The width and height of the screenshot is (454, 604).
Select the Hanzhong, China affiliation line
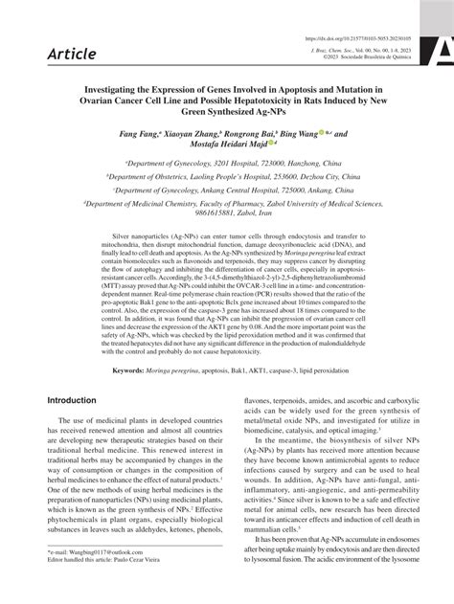coord(226,164)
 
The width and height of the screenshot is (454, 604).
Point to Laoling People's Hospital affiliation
coord(226,177)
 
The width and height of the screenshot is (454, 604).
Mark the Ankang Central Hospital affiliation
coord(226,190)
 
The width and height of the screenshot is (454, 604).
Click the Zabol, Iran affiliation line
coord(227,217)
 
